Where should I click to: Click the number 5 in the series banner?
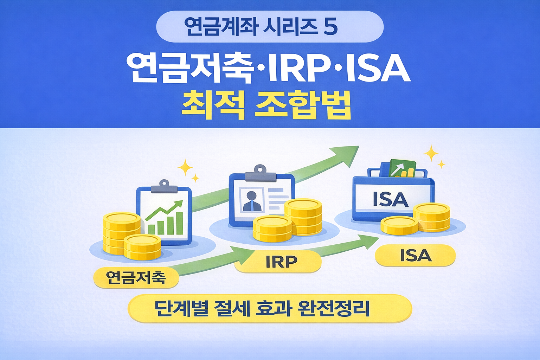330,27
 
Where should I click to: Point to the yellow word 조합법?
302,104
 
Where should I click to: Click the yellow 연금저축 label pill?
136,278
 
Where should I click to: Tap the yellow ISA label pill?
416,256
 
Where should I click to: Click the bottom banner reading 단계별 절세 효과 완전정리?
269,309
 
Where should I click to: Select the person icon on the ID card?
252,201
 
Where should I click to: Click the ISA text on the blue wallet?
390,199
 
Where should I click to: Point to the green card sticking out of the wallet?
403,169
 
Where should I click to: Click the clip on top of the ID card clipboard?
260,173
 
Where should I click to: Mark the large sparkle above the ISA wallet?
431,154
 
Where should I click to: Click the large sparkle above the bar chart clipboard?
185,167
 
